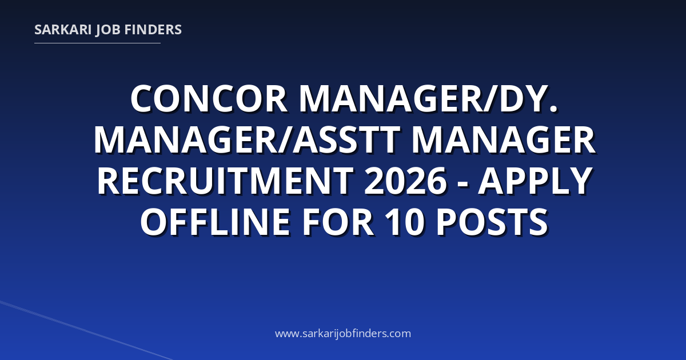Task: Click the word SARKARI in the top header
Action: click(x=63, y=30)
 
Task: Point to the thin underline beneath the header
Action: click(x=97, y=43)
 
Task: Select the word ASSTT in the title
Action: click(x=346, y=140)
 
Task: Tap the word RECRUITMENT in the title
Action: click(x=225, y=181)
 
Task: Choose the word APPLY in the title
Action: click(x=535, y=181)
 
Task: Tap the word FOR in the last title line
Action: click(x=338, y=221)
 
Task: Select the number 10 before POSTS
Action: click(x=405, y=221)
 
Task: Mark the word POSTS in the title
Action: click(x=492, y=221)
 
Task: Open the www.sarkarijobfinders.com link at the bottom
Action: click(x=343, y=333)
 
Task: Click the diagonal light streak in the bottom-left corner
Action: click(x=86, y=330)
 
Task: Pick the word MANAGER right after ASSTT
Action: click(x=503, y=140)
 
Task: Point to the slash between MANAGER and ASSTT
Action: click(x=284, y=140)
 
